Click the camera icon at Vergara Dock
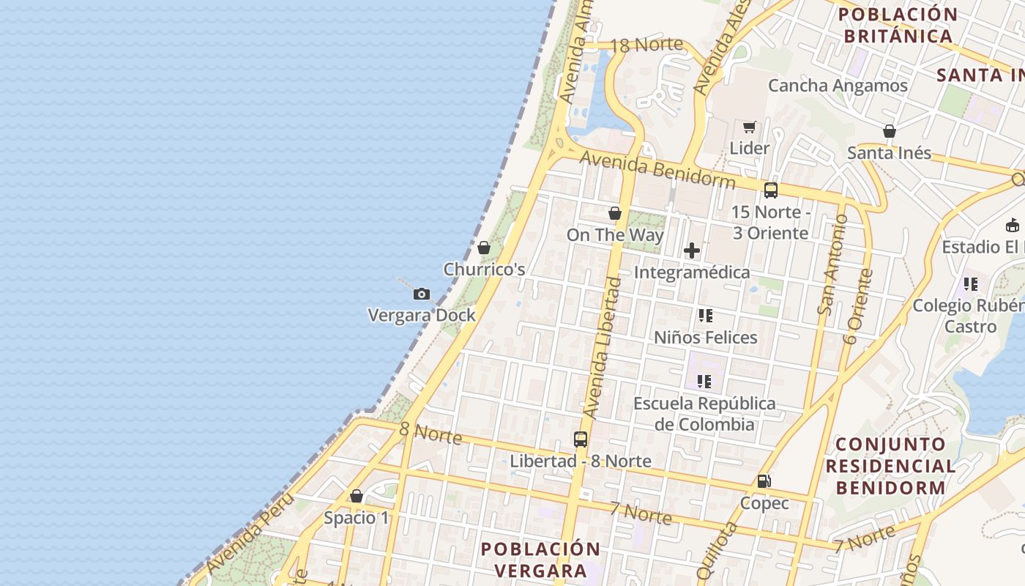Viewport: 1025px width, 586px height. click(422, 294)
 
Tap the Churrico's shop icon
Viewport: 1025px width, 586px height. click(483, 248)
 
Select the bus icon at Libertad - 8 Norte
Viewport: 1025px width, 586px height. click(581, 439)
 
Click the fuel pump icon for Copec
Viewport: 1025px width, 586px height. click(764, 481)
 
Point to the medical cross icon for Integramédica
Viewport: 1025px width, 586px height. click(691, 251)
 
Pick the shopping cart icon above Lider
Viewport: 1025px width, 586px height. click(749, 127)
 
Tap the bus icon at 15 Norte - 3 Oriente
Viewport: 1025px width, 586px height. click(770, 190)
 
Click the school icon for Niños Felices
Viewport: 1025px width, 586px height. click(705, 316)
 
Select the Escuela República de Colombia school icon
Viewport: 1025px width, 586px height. click(704, 382)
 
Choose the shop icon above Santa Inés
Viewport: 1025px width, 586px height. click(889, 132)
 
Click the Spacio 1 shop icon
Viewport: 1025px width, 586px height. click(357, 497)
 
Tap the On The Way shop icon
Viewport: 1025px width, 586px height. click(615, 213)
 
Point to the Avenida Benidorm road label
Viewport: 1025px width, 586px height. click(657, 168)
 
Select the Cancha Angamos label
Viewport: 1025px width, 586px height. click(838, 86)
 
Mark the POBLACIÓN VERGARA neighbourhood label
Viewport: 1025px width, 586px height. click(540, 560)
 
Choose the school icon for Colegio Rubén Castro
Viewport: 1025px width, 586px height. click(971, 283)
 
